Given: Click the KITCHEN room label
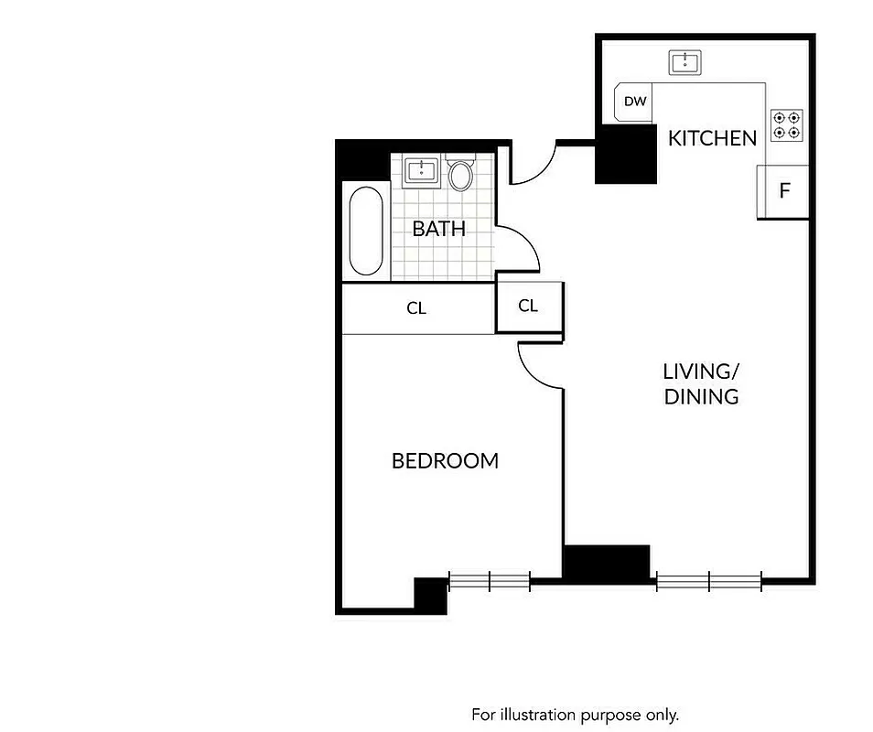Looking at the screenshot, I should (x=712, y=138).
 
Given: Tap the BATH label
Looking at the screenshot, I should (x=438, y=229).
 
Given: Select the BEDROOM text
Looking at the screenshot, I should (x=445, y=461).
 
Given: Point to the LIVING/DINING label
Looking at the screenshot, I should (x=700, y=384).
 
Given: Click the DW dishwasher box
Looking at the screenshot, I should (x=635, y=102).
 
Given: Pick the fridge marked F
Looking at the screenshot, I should (x=783, y=192).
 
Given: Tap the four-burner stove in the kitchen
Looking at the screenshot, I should (x=786, y=124).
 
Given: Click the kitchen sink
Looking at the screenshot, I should (x=684, y=62).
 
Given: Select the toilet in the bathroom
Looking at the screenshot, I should (x=460, y=174).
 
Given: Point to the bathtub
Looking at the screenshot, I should (x=366, y=231).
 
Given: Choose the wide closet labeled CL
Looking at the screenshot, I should (x=417, y=309).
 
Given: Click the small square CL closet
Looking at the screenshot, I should (x=528, y=307).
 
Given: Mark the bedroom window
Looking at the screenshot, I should (x=490, y=580).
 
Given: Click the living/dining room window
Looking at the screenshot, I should (x=709, y=579).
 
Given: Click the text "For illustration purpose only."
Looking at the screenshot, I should (x=575, y=714).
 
